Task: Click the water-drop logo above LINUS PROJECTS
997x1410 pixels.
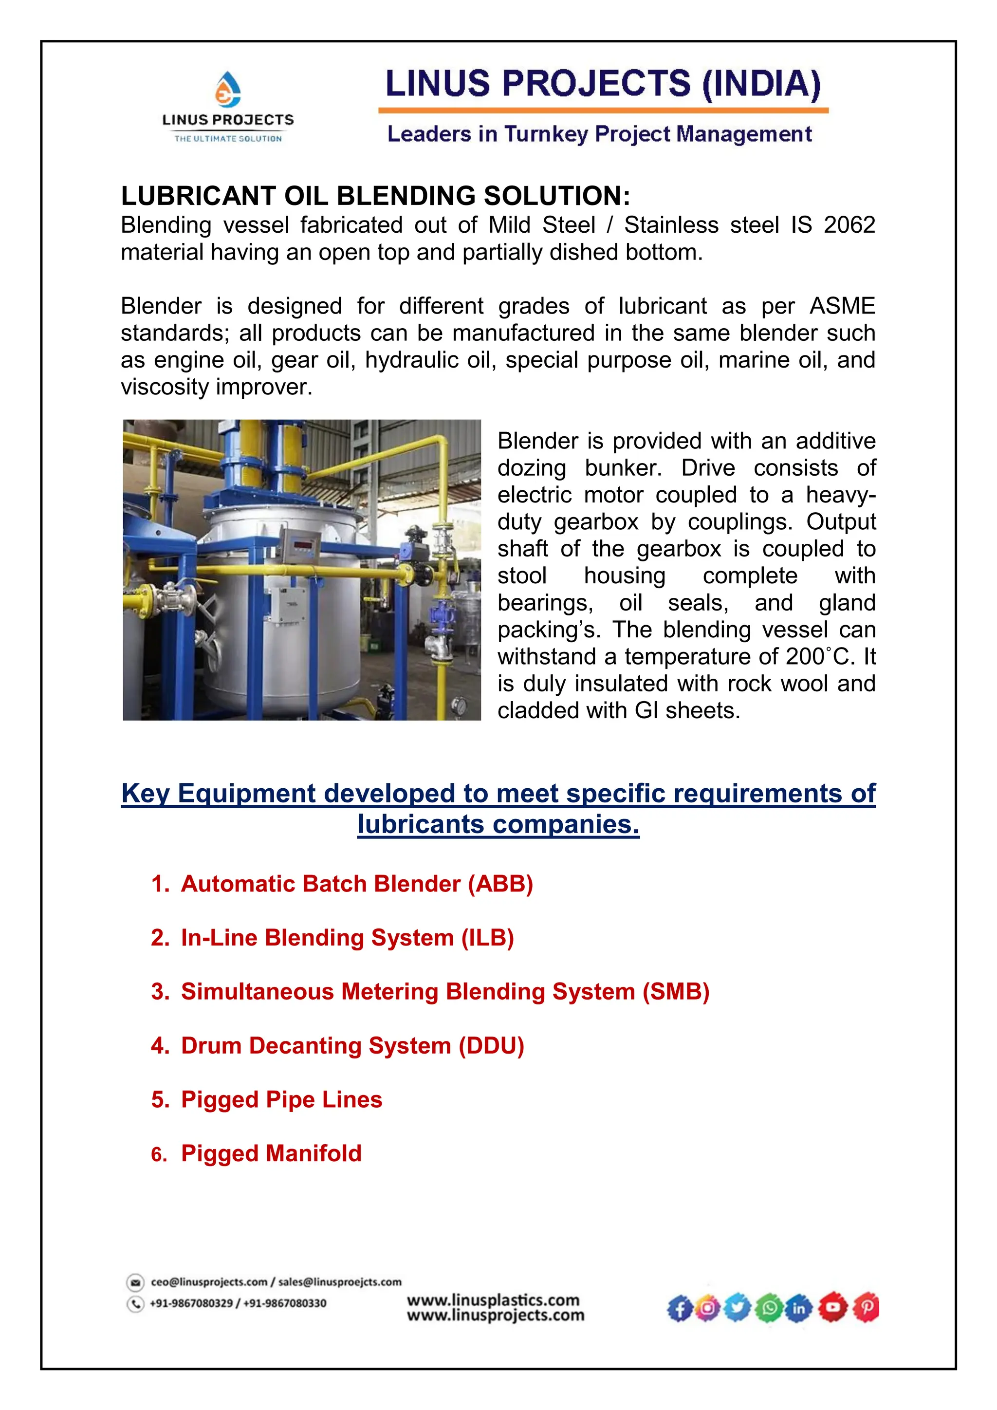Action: coord(228,90)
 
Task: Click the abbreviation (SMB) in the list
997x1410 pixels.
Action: coord(675,992)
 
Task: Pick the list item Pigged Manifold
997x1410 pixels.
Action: coord(271,1153)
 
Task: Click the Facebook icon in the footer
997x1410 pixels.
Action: coord(679,1309)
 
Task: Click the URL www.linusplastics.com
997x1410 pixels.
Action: coord(493,1300)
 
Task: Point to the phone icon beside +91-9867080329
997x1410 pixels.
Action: coord(135,1303)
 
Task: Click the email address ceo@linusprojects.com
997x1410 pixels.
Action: coord(209,1282)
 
